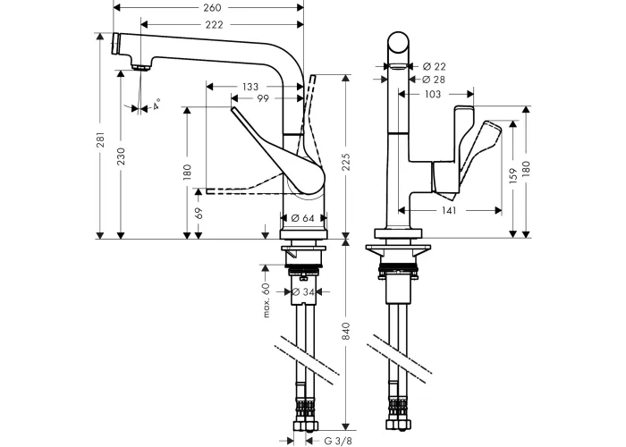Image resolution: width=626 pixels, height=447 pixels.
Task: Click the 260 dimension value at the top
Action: [212, 7]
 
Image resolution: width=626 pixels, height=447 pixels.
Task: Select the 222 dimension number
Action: [215, 25]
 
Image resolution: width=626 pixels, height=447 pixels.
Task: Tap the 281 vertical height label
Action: [100, 139]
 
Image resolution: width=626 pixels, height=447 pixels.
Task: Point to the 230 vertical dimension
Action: [122, 156]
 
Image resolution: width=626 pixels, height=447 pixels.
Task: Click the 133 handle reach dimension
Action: [250, 87]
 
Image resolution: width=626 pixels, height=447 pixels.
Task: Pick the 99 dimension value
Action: [263, 98]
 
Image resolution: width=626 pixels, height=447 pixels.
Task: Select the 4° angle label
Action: [156, 105]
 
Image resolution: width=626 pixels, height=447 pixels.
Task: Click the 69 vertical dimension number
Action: [199, 213]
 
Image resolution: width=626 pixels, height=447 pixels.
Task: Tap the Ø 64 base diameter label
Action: [302, 218]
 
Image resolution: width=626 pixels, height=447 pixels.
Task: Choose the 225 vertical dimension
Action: [346, 162]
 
